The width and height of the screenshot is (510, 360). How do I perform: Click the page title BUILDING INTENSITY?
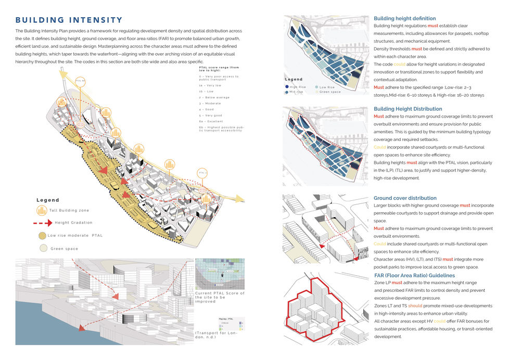(69, 20)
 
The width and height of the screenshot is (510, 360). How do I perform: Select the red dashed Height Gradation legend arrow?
(43, 223)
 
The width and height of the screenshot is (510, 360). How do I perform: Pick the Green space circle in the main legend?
(42, 249)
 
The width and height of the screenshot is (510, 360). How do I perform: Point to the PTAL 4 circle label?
(201, 172)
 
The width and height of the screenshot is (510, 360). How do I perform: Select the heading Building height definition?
(405, 19)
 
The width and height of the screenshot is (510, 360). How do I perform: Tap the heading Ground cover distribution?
(405, 198)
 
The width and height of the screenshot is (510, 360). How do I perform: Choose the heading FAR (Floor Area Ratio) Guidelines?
(414, 275)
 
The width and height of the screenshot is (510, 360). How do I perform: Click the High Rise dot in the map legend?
(287, 87)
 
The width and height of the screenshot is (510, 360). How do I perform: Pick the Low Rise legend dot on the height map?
(316, 87)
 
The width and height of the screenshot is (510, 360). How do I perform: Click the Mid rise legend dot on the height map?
(287, 93)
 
